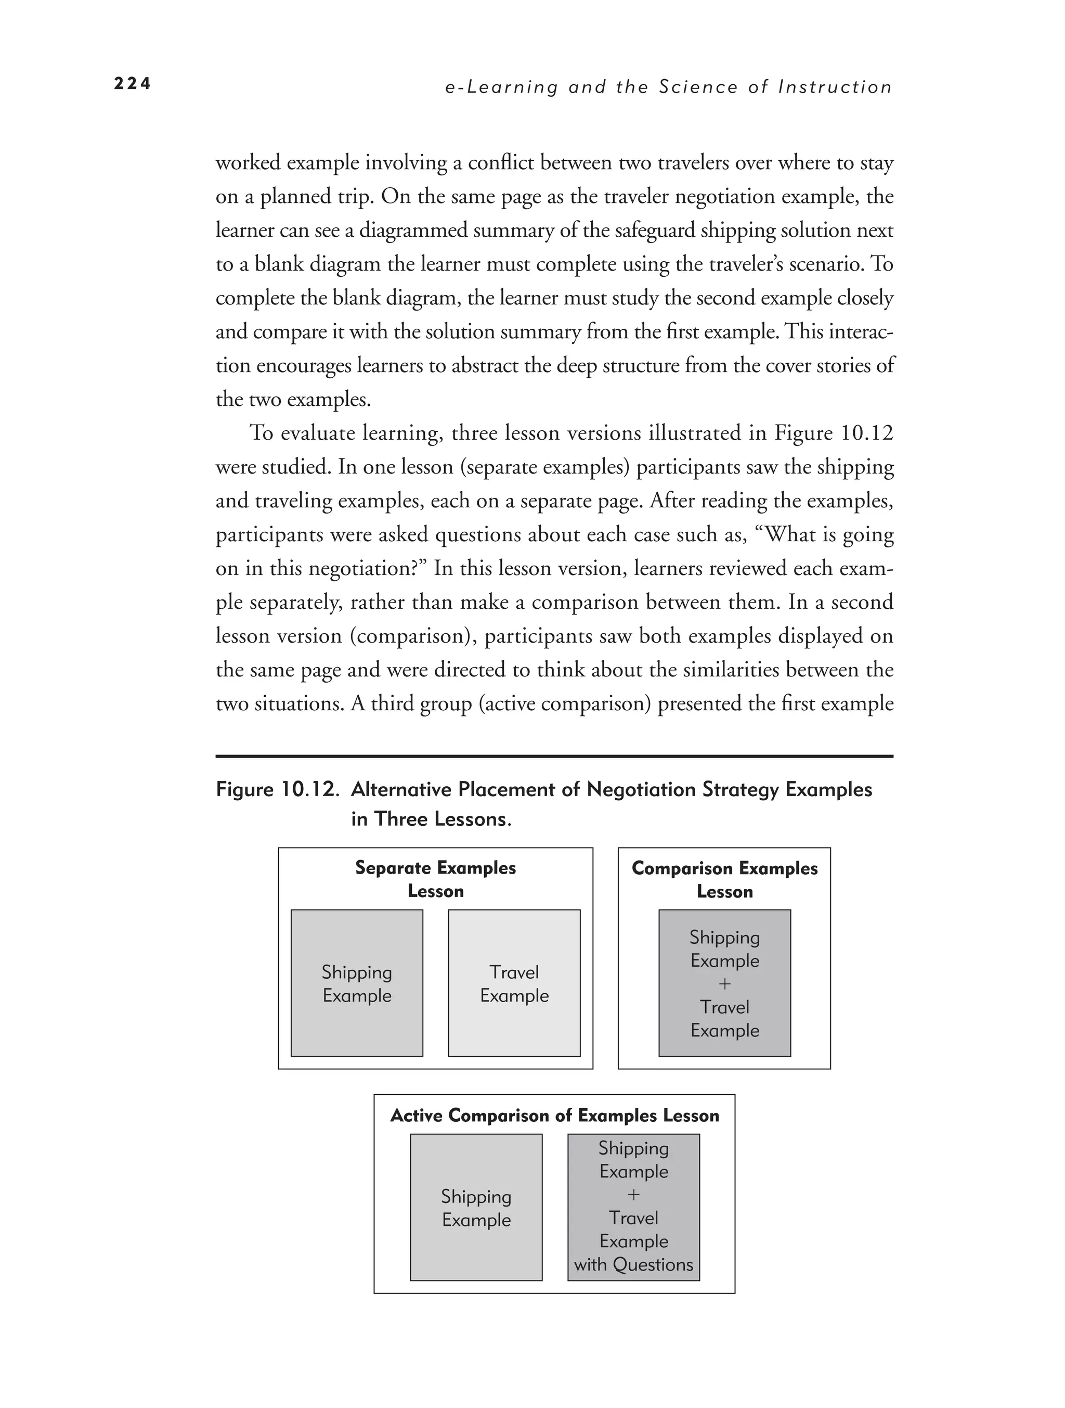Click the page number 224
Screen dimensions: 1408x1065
point(132,84)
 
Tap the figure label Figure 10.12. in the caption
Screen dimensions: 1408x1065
point(276,789)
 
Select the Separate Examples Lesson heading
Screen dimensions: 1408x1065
point(435,879)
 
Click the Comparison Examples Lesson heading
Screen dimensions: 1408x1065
point(724,880)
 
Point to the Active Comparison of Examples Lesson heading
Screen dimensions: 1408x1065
point(554,1115)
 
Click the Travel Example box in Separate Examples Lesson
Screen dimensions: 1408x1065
point(514,983)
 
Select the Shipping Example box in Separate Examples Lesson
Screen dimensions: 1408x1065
point(356,983)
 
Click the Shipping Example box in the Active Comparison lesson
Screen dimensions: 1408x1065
point(476,1208)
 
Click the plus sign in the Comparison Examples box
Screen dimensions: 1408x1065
point(724,984)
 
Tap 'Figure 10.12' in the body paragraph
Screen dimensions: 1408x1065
point(834,433)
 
